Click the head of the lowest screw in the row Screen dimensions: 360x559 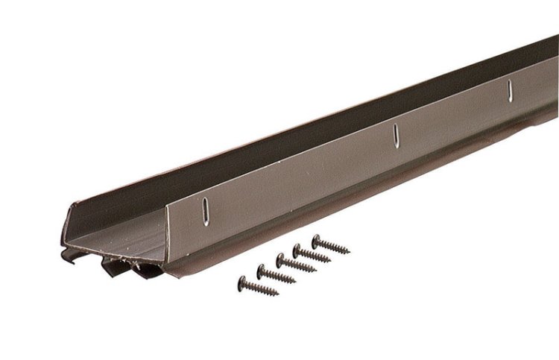point(243,282)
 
